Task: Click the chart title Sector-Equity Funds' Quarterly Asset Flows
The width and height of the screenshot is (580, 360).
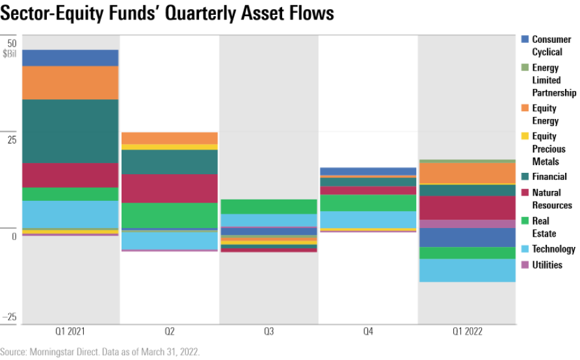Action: coord(167,14)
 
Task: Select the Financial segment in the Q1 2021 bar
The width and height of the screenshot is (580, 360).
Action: coord(70,131)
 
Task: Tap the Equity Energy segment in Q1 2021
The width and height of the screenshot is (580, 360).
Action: coord(70,83)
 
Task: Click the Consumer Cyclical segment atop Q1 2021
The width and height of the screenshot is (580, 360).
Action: coord(70,58)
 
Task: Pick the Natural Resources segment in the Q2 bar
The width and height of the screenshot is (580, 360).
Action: coord(170,188)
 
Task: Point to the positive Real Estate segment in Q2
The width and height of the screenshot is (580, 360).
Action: coord(170,215)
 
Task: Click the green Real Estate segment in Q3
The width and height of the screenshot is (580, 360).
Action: coord(269,207)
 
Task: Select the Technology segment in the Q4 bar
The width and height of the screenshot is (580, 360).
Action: coord(368,220)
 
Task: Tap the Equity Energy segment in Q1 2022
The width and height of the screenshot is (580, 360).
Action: coord(467,173)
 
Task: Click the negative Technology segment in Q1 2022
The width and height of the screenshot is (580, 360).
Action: coord(467,270)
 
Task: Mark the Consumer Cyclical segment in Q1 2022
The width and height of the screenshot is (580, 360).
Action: coord(467,237)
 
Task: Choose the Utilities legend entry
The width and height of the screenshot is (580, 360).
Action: coord(547,265)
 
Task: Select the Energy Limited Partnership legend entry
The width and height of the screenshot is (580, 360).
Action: coord(553,80)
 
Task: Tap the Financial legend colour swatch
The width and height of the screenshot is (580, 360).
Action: coord(524,177)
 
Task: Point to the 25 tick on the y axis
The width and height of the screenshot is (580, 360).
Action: coord(11,139)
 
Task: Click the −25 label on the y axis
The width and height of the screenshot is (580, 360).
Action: coord(10,317)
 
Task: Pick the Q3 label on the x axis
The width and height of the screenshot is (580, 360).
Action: coord(269,331)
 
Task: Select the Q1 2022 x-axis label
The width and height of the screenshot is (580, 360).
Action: coord(467,331)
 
